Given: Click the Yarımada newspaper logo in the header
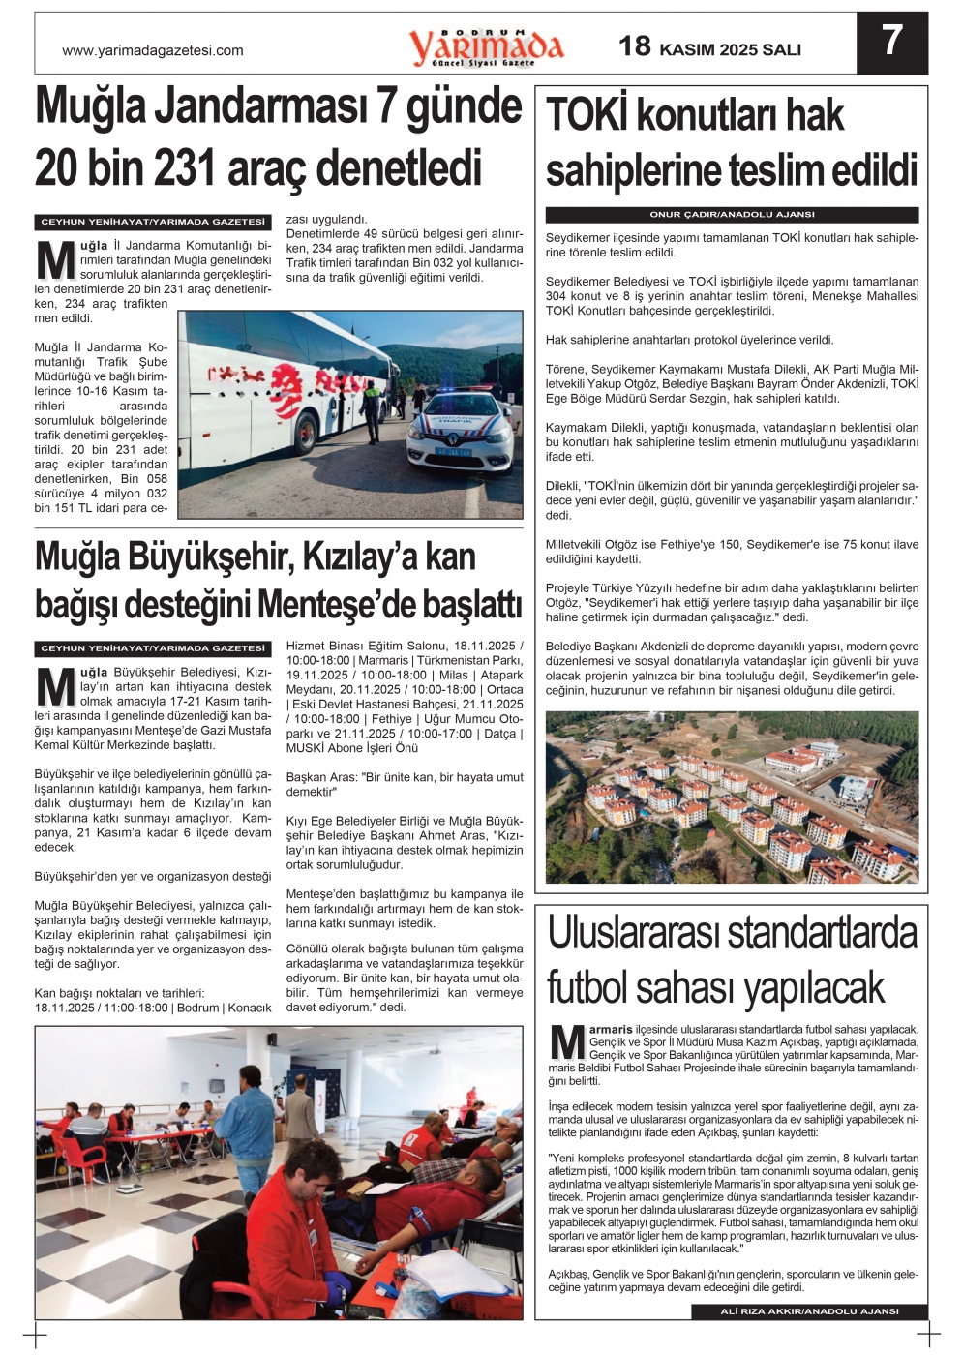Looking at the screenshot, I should tap(486, 46).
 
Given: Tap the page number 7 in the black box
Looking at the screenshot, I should tap(891, 42).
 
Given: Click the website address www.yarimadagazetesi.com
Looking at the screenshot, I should tap(153, 50).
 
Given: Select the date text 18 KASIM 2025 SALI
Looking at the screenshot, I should tap(710, 46).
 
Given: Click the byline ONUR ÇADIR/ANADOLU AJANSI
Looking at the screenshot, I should tap(732, 215).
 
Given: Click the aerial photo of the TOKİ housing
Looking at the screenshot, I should tap(732, 798).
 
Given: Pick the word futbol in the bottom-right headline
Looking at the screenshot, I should tap(592, 988).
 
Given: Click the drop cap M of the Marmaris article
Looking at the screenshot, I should tap(566, 1043).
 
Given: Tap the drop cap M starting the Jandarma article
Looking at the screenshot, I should tap(55, 261).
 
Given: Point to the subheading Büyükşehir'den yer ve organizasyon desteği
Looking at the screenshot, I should tap(153, 877).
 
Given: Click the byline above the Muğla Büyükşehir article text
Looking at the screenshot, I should tap(153, 648).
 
